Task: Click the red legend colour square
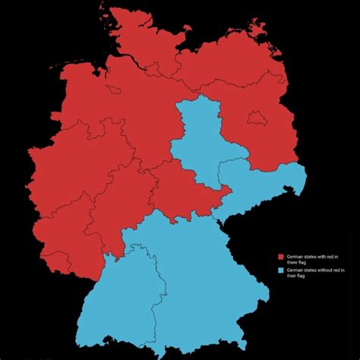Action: pos(281,257)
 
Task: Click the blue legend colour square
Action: pos(281,270)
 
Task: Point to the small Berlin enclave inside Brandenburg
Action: pos(256,118)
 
